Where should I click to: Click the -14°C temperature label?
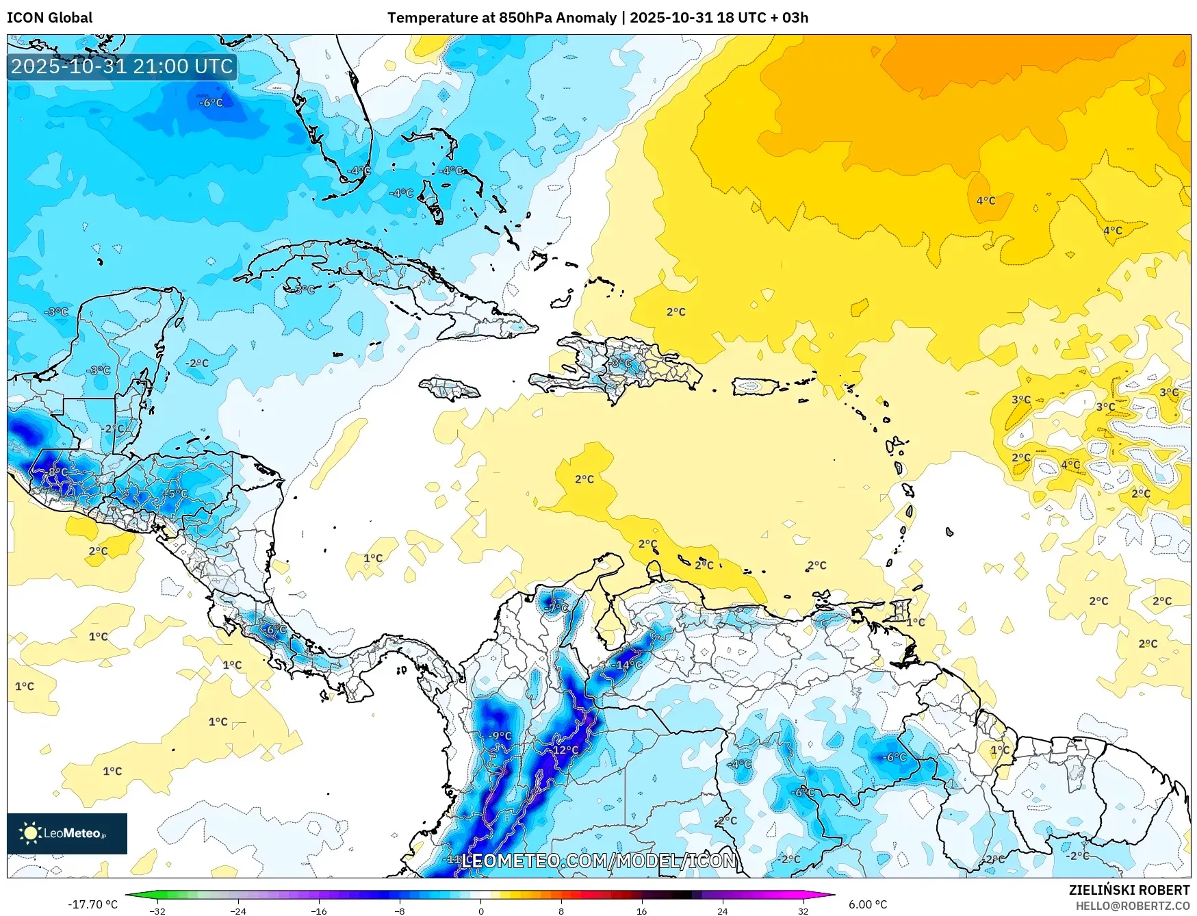tap(626, 665)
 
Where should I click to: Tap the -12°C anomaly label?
tap(565, 750)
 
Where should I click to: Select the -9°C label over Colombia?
tap(500, 736)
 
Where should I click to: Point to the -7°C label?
tap(557, 607)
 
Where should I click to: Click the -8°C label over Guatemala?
tap(57, 472)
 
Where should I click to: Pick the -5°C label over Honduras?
tap(175, 493)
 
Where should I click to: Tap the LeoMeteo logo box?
tap(67, 833)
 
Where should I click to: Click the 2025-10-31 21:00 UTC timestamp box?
tap(122, 66)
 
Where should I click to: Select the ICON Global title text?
tap(49, 18)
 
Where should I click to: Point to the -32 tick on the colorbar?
tap(157, 911)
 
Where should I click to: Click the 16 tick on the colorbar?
tap(641, 911)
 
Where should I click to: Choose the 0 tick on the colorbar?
tap(480, 911)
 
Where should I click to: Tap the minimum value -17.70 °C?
tap(92, 904)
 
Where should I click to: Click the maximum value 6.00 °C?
tap(867, 904)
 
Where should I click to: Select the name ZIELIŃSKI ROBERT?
tap(1129, 890)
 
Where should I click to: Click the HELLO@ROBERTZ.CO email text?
tap(1132, 906)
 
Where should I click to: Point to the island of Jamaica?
tap(450, 390)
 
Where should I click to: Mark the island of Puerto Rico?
tap(756, 387)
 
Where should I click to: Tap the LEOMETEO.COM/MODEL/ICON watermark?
tap(599, 861)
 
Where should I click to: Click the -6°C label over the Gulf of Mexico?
tap(211, 103)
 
